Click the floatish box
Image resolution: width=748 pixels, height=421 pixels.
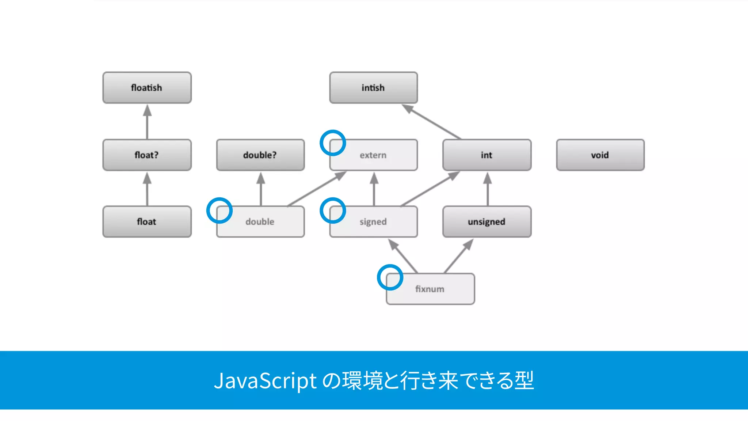point(147,88)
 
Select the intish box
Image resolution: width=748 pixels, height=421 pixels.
point(373,88)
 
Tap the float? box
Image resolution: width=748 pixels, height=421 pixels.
point(147,155)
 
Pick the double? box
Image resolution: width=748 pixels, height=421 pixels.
point(260,155)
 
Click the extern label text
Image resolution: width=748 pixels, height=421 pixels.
point(373,155)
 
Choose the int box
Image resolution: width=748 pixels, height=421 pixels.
point(486,155)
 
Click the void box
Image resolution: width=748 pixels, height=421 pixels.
point(600,155)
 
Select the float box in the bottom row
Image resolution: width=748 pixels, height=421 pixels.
point(147,222)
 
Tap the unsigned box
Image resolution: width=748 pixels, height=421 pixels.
point(486,222)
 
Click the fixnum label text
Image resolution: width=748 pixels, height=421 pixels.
point(430,289)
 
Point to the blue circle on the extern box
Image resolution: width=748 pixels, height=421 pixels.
point(333,143)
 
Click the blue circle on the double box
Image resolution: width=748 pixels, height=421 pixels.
point(220,210)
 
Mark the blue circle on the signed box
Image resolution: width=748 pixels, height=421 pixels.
point(333,210)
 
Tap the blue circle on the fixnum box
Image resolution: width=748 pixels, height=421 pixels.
point(390,277)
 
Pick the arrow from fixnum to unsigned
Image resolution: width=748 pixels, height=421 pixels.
point(459,256)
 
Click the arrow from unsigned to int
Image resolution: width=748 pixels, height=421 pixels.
point(488,189)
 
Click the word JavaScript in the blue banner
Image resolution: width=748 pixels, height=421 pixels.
point(265,380)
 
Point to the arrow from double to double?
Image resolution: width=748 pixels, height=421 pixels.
point(261,189)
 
